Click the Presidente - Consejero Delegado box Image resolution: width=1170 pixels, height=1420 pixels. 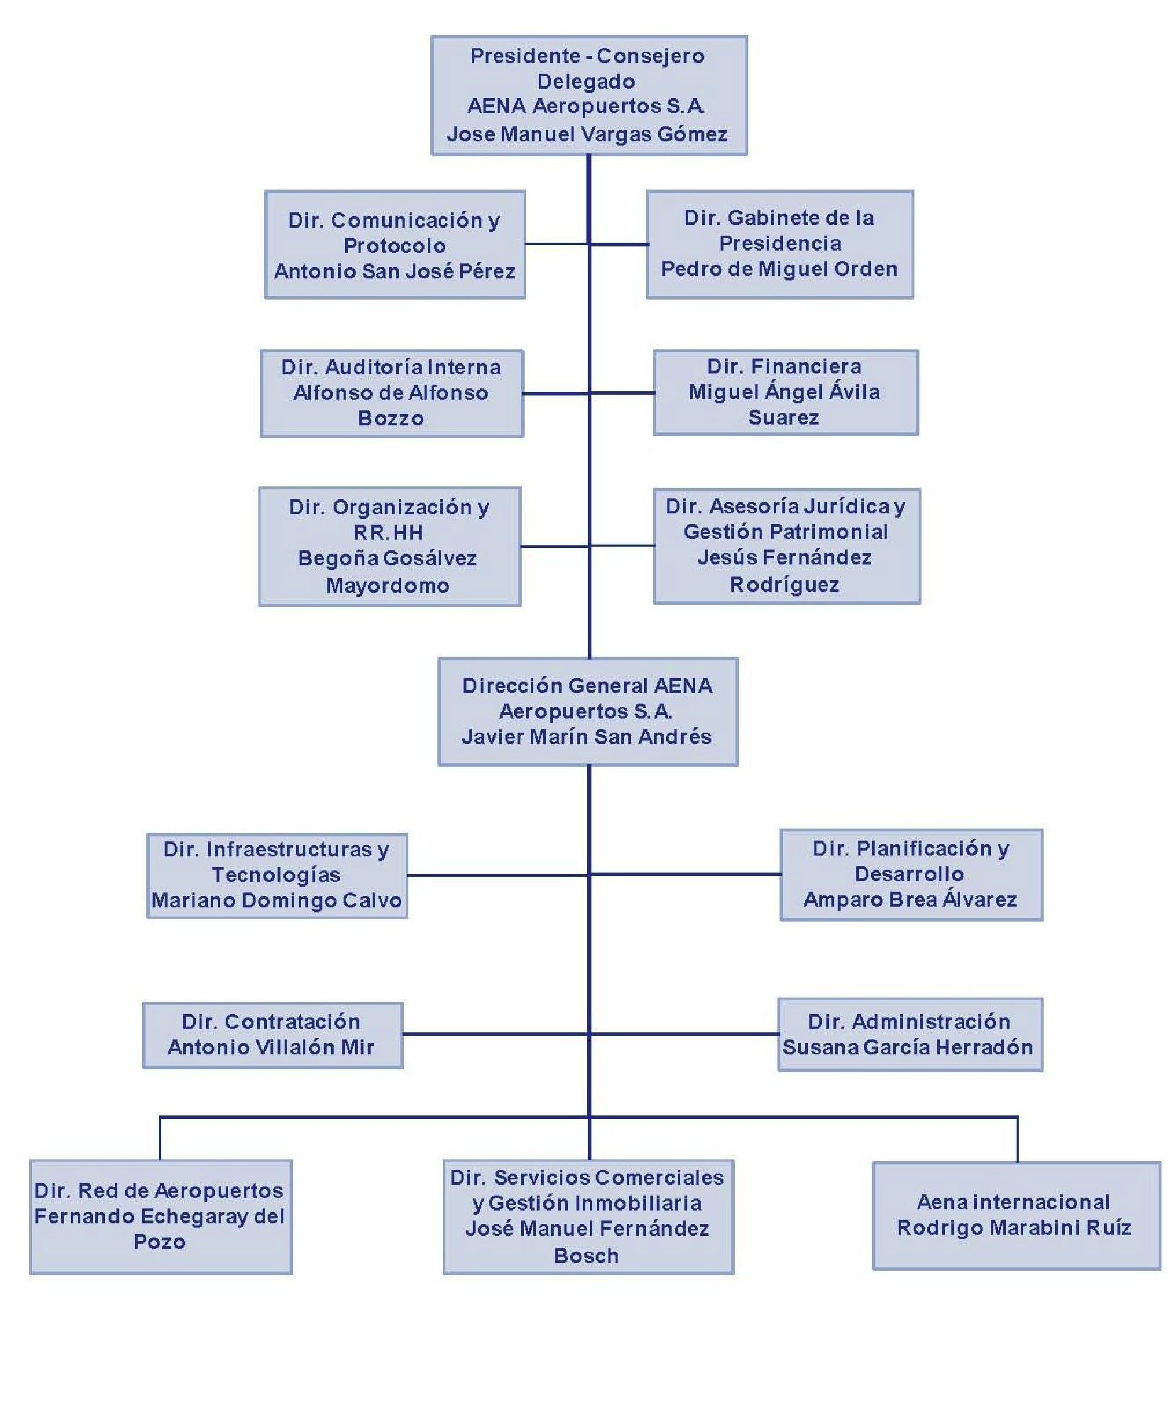coord(589,95)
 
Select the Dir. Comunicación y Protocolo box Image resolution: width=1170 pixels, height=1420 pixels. coord(395,244)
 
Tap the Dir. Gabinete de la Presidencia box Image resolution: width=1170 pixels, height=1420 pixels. coord(780,244)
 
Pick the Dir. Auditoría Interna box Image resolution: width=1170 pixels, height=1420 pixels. coord(392,393)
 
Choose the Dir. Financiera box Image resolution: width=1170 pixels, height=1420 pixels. coord(786,392)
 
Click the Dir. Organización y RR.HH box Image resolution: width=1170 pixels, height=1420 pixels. coord(390,546)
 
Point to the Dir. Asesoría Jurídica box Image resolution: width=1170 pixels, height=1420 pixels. coord(787,546)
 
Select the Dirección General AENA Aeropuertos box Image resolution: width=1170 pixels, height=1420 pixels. coord(588,711)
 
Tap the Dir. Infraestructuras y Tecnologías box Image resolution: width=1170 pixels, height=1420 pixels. coord(277,875)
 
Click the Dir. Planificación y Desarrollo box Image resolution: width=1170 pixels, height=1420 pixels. coord(912,875)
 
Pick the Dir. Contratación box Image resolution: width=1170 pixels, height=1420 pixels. coord(273,1035)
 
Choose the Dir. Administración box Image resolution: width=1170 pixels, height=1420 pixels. coord(910,1034)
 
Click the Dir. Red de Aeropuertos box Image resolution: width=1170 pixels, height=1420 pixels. coord(161,1217)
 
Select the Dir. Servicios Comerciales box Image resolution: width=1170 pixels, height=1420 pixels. coord(589,1217)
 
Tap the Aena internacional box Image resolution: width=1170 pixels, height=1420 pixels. coord(1016,1216)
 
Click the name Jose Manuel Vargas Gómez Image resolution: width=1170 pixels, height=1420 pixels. coord(587,134)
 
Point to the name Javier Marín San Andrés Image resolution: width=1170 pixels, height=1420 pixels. coord(586,737)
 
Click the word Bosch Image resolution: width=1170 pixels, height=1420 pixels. coord(586,1256)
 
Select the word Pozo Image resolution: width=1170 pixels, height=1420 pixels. coord(160,1242)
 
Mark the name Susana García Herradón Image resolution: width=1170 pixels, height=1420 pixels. coord(908,1047)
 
